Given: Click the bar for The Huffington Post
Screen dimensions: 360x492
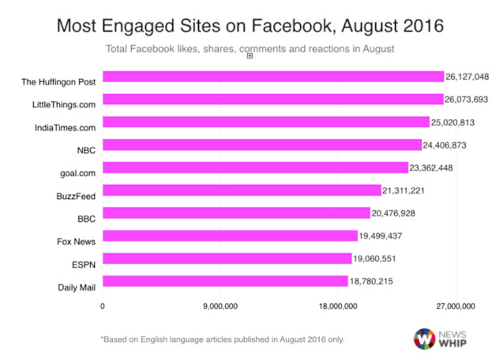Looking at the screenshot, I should [x=272, y=77].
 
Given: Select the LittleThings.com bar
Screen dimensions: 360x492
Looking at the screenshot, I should [x=272, y=99].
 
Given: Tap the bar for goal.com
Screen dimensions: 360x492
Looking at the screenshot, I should [x=255, y=167].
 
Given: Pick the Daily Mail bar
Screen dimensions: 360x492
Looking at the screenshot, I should [x=225, y=281].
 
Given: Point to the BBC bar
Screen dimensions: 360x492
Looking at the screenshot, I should [x=236, y=213].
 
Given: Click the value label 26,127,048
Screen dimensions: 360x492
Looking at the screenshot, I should [x=468, y=77].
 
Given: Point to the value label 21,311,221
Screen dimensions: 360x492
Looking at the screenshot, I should [x=406, y=190].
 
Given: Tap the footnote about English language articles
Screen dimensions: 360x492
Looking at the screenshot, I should [x=223, y=339].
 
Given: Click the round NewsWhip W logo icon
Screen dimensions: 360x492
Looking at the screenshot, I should [x=425, y=338].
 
